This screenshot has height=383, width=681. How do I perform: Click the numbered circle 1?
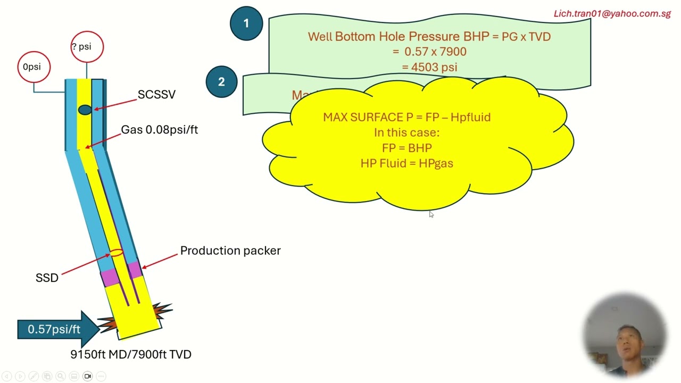coord(246,23)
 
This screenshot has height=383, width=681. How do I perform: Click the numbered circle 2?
coord(221,82)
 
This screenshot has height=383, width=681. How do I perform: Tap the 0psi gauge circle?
coord(34,67)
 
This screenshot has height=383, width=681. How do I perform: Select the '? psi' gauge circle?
coord(87,47)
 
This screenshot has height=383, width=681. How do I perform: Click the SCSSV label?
coord(156,95)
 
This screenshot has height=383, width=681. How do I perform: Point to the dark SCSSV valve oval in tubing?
coord(85,110)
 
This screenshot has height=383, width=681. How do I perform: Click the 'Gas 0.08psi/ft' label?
coord(159,130)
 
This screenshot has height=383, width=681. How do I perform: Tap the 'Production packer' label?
coord(230,251)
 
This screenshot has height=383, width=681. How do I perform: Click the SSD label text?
coord(47,278)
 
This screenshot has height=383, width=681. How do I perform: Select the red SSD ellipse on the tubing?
coord(116,253)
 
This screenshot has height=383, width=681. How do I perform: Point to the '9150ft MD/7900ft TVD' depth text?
coord(131,354)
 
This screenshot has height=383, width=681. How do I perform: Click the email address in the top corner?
coord(612,14)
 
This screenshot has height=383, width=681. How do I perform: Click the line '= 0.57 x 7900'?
coord(430,52)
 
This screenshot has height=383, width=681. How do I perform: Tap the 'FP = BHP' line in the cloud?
coord(407,148)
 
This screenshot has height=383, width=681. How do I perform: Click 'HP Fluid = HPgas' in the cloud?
coord(407,163)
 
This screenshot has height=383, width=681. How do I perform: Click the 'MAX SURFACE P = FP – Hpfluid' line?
coord(407,117)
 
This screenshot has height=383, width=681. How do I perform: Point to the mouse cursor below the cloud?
coord(430,214)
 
